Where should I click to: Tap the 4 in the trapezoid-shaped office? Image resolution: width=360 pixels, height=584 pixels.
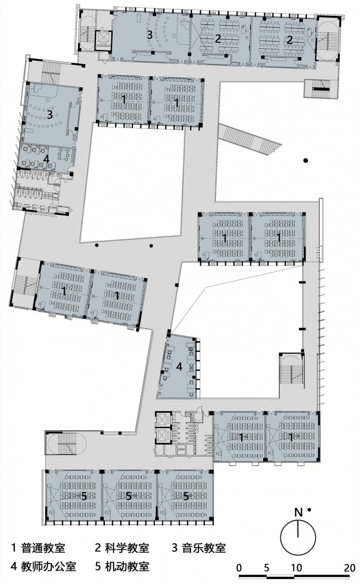[179, 367]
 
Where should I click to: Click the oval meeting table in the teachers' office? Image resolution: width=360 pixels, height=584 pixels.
[64, 155]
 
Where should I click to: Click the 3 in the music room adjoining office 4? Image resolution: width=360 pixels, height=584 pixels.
[49, 115]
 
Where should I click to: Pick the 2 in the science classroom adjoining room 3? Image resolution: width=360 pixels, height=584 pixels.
[218, 39]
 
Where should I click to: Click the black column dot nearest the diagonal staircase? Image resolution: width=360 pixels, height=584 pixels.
[306, 161]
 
